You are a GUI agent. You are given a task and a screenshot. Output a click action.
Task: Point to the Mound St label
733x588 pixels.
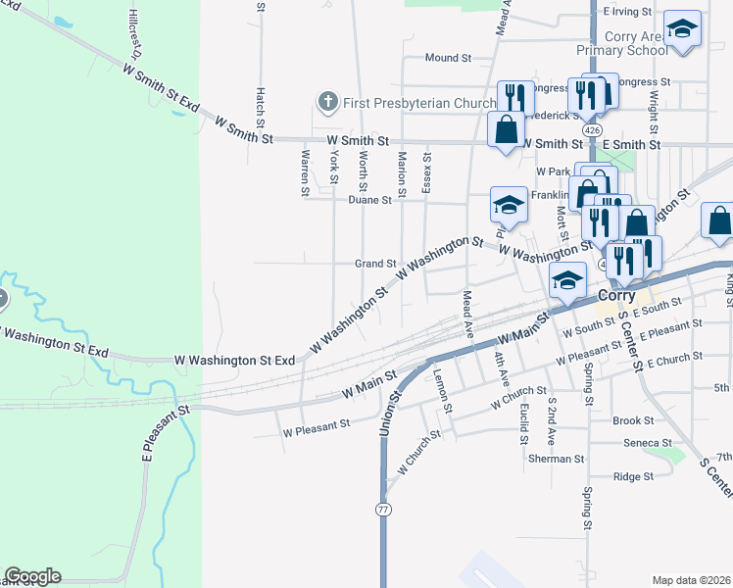click(448, 58)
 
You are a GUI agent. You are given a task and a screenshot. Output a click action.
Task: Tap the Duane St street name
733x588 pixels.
click(369, 200)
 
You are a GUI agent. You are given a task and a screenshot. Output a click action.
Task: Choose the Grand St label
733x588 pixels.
click(374, 264)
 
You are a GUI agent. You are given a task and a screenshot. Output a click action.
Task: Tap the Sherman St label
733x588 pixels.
click(556, 458)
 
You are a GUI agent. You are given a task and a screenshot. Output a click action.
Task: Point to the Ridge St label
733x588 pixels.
click(632, 477)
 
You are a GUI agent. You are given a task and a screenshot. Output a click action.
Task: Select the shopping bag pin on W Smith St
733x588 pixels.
click(506, 129)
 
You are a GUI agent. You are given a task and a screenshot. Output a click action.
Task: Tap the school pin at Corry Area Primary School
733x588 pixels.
click(682, 29)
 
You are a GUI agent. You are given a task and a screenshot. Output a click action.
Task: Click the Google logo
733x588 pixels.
click(32, 576)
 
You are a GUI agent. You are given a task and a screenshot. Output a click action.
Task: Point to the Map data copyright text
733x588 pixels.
click(692, 580)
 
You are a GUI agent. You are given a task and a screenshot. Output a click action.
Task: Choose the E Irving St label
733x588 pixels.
click(628, 12)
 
